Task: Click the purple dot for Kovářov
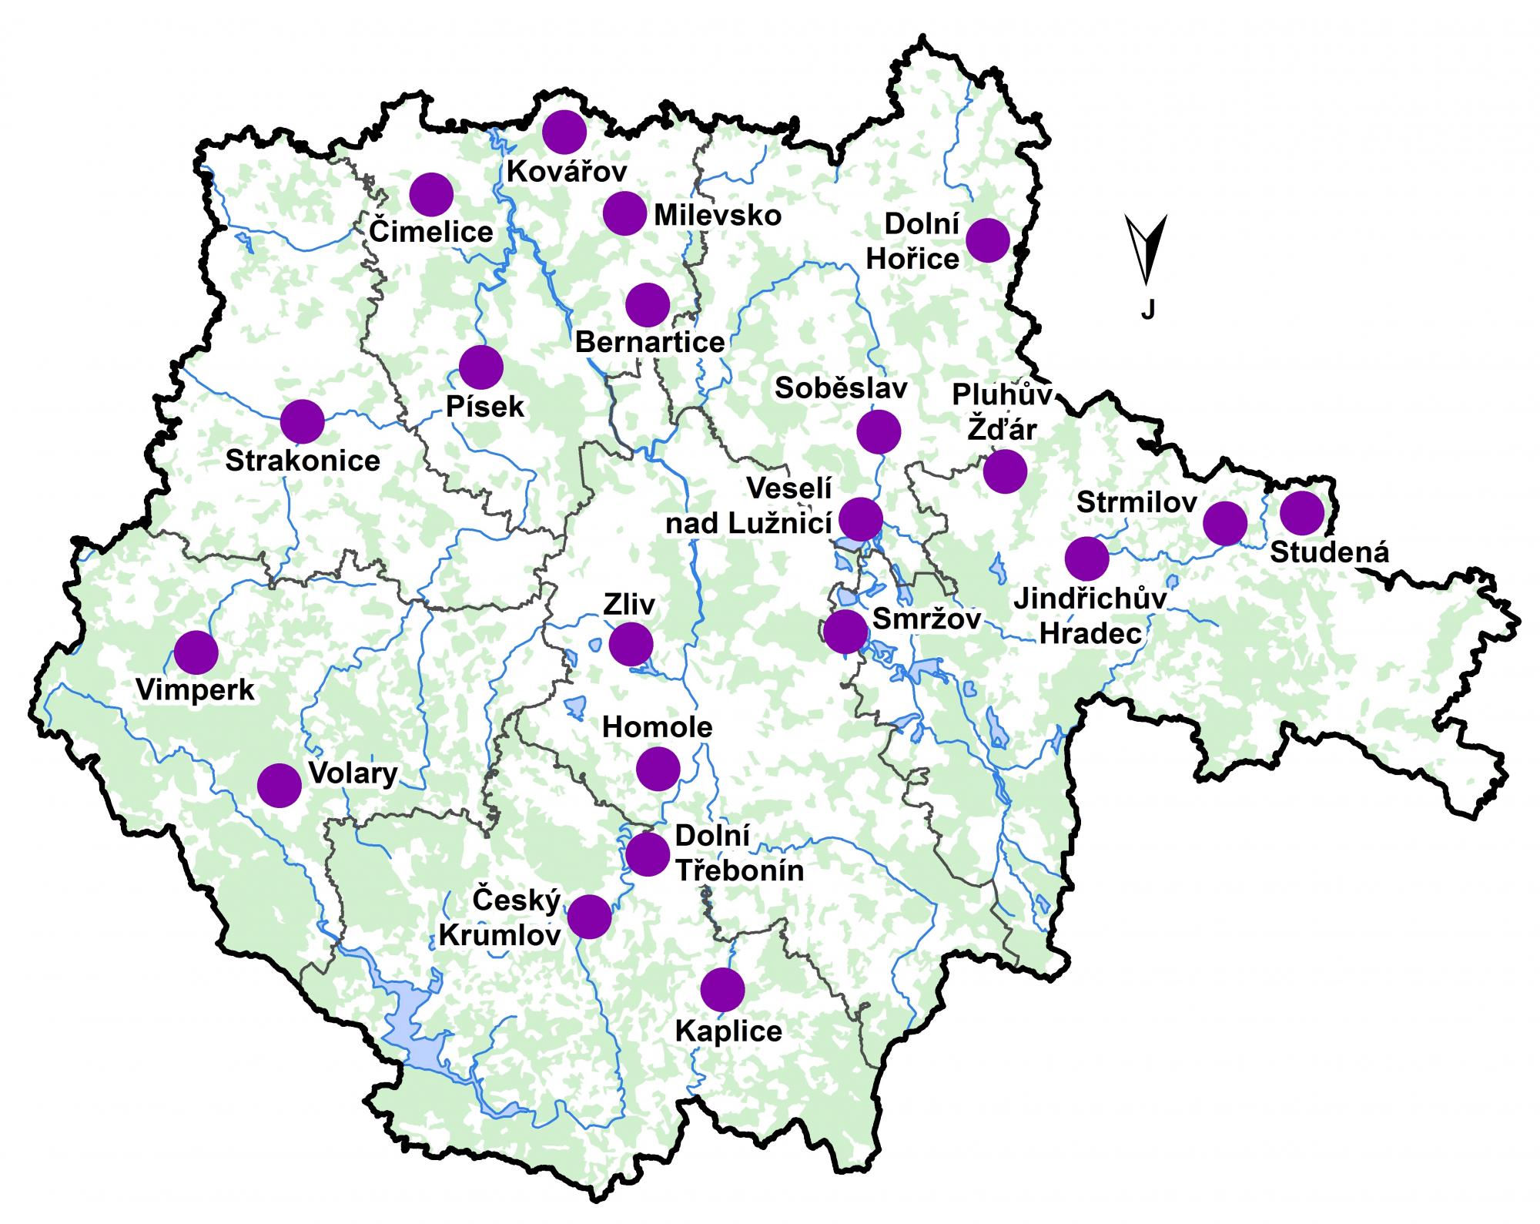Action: click(x=564, y=132)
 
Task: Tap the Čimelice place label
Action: click(x=431, y=231)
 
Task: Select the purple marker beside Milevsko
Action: click(x=624, y=213)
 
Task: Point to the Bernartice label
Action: click(x=650, y=342)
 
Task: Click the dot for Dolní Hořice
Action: click(x=987, y=240)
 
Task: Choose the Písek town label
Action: click(x=485, y=407)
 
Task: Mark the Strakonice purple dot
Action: click(x=302, y=421)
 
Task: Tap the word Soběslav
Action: click(x=841, y=388)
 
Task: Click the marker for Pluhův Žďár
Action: click(x=1005, y=471)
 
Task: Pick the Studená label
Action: click(x=1330, y=552)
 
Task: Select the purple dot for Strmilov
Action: click(x=1224, y=523)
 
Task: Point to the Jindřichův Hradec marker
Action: click(x=1086, y=558)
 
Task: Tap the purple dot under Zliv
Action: click(x=631, y=644)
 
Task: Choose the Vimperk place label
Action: click(x=195, y=690)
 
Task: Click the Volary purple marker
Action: click(x=279, y=785)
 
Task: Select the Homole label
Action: click(x=657, y=727)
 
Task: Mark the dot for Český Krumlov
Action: click(x=589, y=917)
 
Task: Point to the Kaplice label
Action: click(x=728, y=1031)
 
